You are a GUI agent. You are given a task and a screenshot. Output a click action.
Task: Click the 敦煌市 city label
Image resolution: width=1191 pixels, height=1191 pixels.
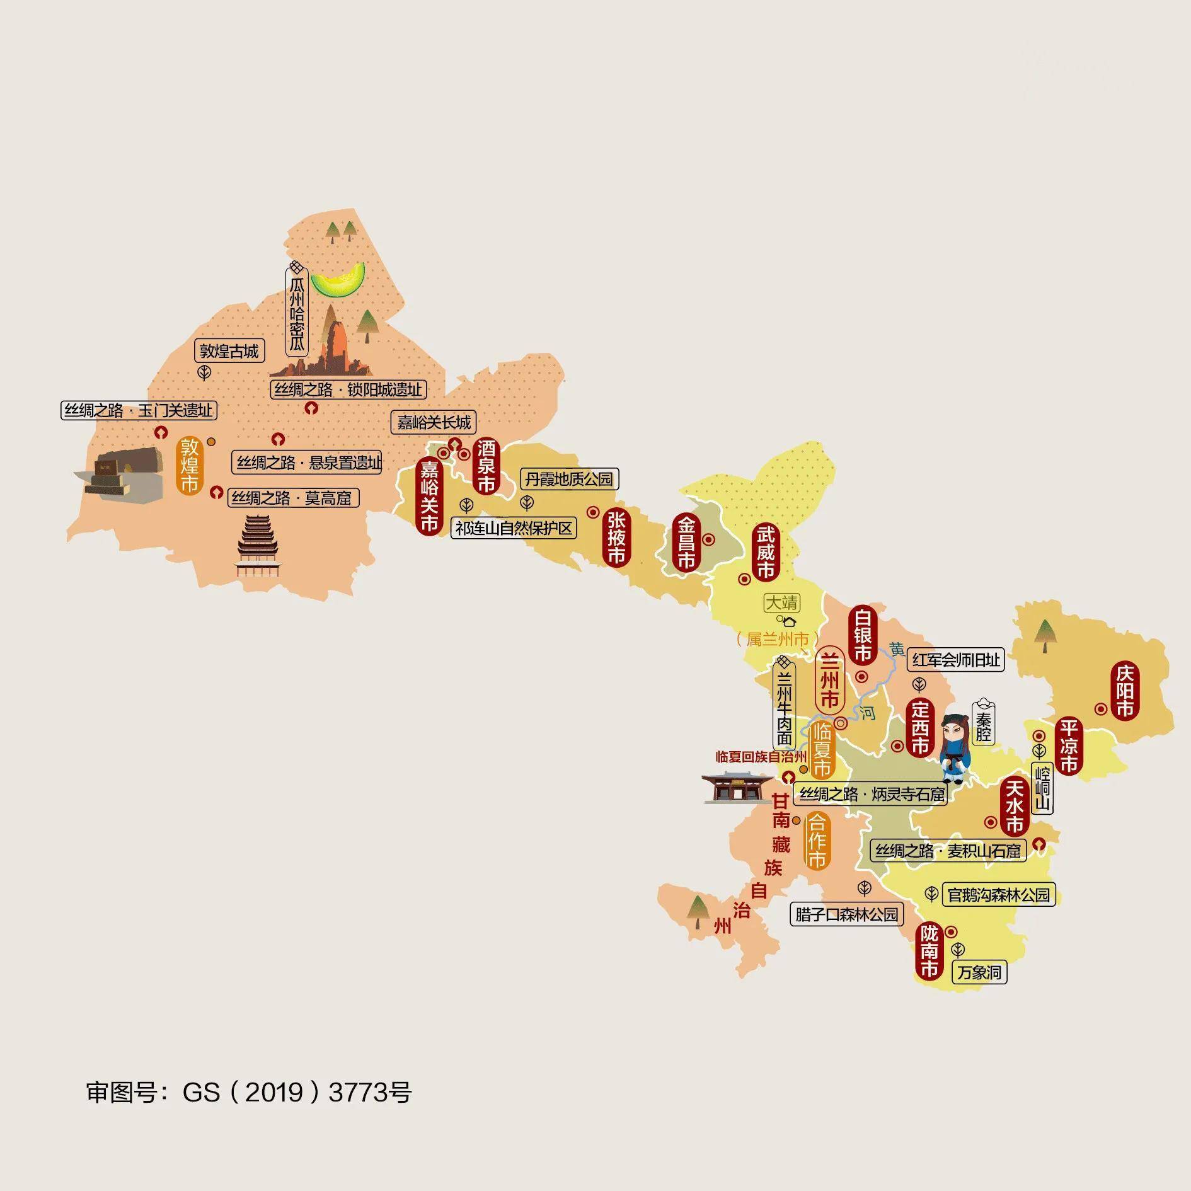190,465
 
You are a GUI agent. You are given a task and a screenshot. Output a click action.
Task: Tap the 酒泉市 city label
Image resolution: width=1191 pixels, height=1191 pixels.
486,466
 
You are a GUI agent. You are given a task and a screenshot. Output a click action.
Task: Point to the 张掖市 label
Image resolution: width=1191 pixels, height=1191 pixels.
616,538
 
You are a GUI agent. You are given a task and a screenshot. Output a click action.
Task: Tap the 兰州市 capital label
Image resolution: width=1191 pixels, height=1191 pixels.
830,681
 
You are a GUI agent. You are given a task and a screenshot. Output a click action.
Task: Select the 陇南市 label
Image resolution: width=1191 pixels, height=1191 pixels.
929,951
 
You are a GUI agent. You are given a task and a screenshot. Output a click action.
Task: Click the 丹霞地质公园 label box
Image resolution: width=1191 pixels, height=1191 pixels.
568,480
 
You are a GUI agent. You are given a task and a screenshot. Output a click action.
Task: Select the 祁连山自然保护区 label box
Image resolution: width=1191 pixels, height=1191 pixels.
514,528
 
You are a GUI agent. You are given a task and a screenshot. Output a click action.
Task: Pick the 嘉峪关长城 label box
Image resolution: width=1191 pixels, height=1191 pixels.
434,422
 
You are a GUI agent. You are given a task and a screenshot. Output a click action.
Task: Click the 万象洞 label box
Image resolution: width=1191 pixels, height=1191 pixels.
979,972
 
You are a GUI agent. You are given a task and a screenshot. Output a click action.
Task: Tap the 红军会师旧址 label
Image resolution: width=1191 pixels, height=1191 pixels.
955,660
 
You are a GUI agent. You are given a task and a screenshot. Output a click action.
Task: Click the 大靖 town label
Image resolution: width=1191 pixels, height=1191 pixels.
781,603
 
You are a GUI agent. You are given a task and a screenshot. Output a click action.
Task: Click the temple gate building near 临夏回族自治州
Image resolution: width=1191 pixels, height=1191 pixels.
735,787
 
